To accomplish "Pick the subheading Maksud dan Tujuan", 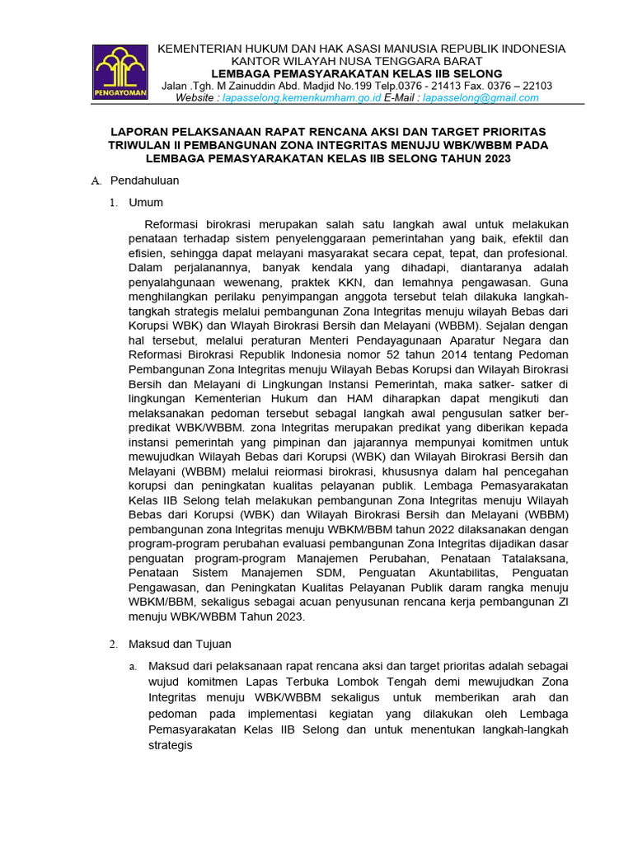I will (180, 644).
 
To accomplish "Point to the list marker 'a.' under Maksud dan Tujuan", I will (132, 666).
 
